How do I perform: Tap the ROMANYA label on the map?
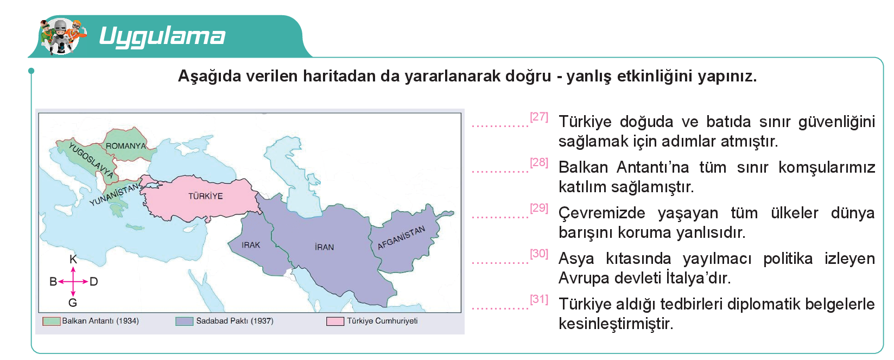tap(126, 146)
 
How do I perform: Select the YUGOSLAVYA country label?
tap(91, 160)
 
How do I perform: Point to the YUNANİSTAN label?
tap(115, 194)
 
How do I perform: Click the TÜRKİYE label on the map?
tap(206, 196)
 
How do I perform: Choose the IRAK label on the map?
tap(251, 245)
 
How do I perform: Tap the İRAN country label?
tap(324, 247)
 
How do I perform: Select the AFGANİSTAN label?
tap(401, 237)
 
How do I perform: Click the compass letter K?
tap(73, 260)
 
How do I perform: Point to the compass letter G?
tap(73, 303)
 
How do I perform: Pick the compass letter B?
tap(53, 282)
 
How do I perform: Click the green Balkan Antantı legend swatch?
tap(52, 321)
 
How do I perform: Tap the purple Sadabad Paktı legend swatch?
tap(185, 321)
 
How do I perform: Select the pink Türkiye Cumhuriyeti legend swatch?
tap(335, 321)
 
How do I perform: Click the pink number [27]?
tap(539, 117)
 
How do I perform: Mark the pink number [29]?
tap(539, 208)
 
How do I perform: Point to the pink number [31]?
tap(539, 299)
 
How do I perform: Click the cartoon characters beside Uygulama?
tap(63, 36)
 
